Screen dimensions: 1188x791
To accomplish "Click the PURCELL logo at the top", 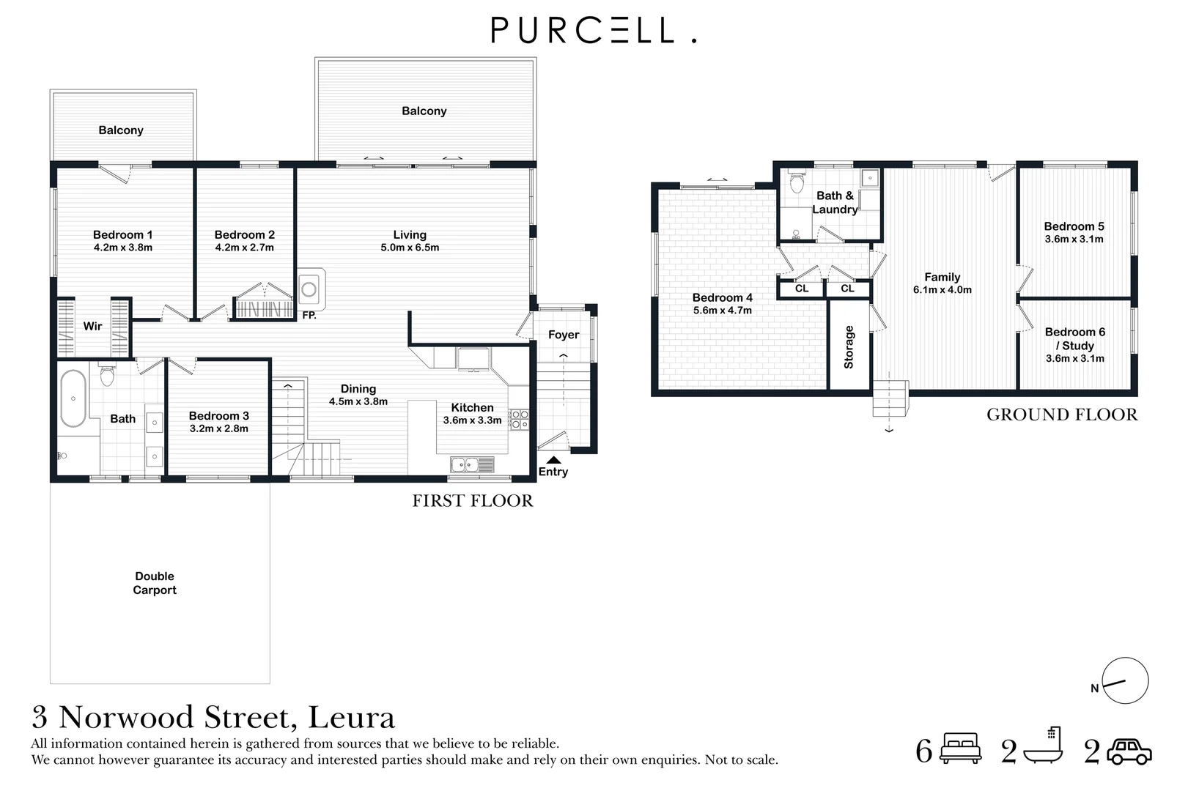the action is click(x=594, y=30).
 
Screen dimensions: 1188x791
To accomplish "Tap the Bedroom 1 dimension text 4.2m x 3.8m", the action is click(x=123, y=248).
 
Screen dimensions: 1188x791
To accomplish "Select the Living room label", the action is click(x=410, y=234).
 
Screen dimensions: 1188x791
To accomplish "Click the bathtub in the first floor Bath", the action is click(x=73, y=398).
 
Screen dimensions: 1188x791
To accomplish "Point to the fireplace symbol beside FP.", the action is click(x=310, y=289).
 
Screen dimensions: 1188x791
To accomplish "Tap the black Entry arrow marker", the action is click(x=554, y=460).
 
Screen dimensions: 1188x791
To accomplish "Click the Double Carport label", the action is click(x=155, y=583).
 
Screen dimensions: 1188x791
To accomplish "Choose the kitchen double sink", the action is click(x=472, y=464).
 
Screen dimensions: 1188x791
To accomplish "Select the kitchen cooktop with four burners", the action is click(x=518, y=419).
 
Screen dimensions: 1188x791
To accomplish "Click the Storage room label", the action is click(x=849, y=347).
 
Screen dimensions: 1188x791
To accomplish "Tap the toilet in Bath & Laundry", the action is click(x=797, y=181).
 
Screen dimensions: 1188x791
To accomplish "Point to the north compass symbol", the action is click(x=1125, y=680).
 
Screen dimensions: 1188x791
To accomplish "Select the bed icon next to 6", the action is click(x=961, y=748).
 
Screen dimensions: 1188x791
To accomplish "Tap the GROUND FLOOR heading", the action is click(x=1062, y=414).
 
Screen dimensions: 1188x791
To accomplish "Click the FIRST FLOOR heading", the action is click(x=473, y=500).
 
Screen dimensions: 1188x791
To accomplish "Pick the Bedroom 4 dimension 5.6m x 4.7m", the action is click(x=723, y=311).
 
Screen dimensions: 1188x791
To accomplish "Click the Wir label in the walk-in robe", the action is click(x=92, y=326).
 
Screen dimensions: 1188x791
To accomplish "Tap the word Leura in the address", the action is click(x=351, y=717).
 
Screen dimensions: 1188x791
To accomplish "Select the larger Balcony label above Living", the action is click(x=424, y=111).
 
